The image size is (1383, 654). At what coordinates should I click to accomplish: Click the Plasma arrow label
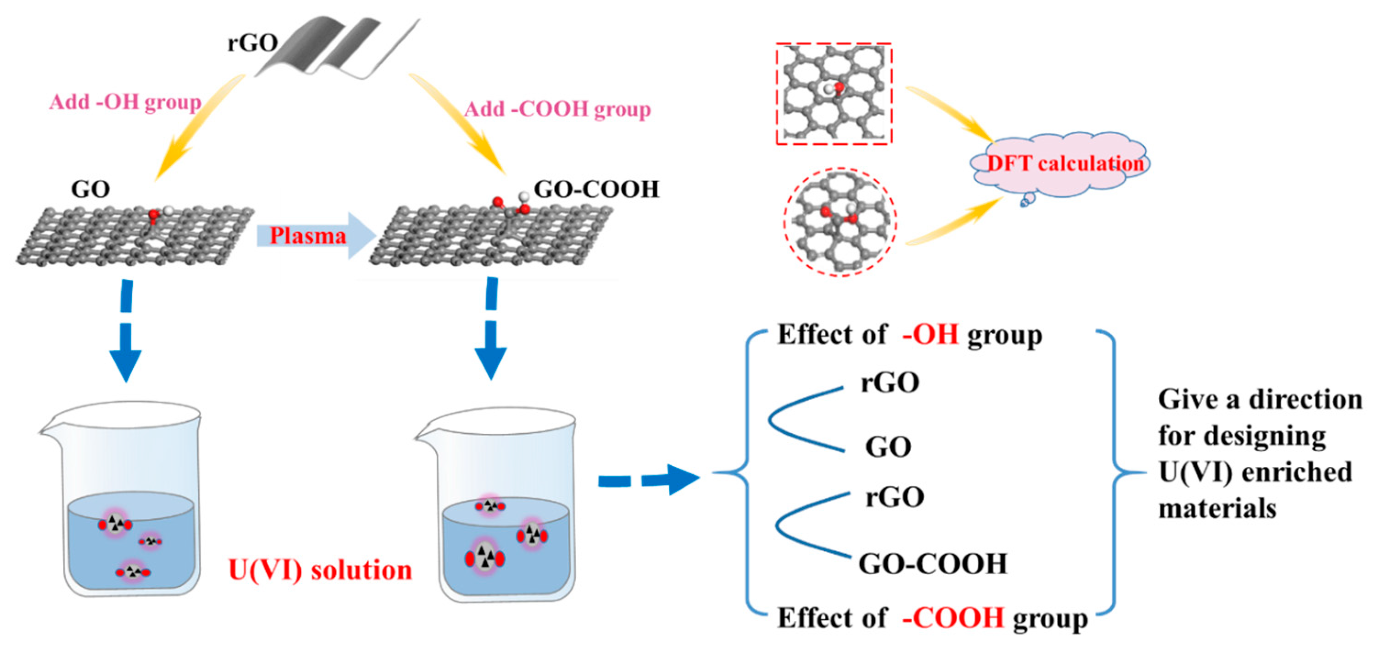pos(308,235)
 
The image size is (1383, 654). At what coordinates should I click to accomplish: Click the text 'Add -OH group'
pos(125,102)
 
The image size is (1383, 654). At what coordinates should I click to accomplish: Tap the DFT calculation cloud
pos(1060,164)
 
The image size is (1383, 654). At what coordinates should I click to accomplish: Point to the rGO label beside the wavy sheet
pos(253,43)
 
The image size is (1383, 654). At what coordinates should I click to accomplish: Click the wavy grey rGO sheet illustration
pos(338,46)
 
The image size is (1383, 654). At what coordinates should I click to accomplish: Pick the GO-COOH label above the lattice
pos(596,189)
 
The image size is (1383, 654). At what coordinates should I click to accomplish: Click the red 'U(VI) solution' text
pos(320,570)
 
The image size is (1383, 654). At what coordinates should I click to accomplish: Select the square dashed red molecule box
pos(834,94)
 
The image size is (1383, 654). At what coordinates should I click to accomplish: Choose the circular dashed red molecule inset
pos(839,222)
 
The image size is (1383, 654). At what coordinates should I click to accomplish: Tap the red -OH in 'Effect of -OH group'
pos(931,335)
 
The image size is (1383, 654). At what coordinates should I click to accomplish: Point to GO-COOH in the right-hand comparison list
pos(933,564)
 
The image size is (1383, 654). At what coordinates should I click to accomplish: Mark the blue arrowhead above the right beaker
pos(491,363)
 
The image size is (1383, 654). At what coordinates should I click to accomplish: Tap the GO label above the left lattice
pos(90,189)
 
